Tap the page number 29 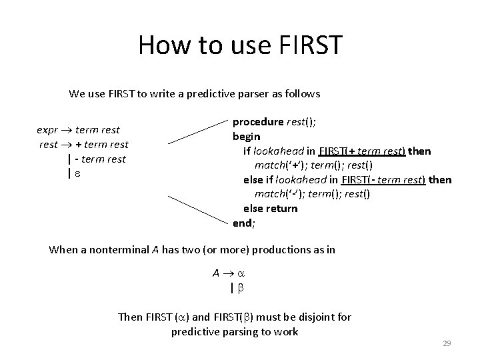[x=447, y=343]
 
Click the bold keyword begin [x=246, y=137]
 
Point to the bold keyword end [x=241, y=223]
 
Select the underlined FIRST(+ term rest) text [x=362, y=151]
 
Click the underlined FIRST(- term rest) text [x=383, y=180]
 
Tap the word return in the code [x=282, y=209]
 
